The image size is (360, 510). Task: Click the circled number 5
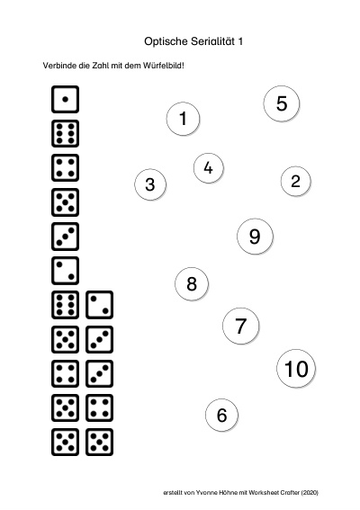(x=282, y=103)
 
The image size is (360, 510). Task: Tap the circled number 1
(x=183, y=119)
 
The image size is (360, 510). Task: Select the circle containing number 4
(x=208, y=168)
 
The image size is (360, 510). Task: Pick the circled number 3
(x=150, y=184)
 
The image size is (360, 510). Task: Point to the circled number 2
(x=295, y=181)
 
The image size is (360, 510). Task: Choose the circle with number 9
(x=255, y=237)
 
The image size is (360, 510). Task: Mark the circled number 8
(x=192, y=283)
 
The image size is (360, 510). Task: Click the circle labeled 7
(x=240, y=326)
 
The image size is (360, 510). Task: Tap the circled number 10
(x=296, y=369)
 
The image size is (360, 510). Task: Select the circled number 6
(x=221, y=415)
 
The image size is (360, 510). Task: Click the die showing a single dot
(x=65, y=99)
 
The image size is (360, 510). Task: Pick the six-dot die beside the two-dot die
(x=65, y=305)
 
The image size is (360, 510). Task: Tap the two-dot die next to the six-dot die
(x=99, y=305)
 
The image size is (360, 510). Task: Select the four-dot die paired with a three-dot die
(x=65, y=373)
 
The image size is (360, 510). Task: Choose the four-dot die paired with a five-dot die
(x=99, y=407)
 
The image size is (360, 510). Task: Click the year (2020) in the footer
(x=310, y=492)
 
